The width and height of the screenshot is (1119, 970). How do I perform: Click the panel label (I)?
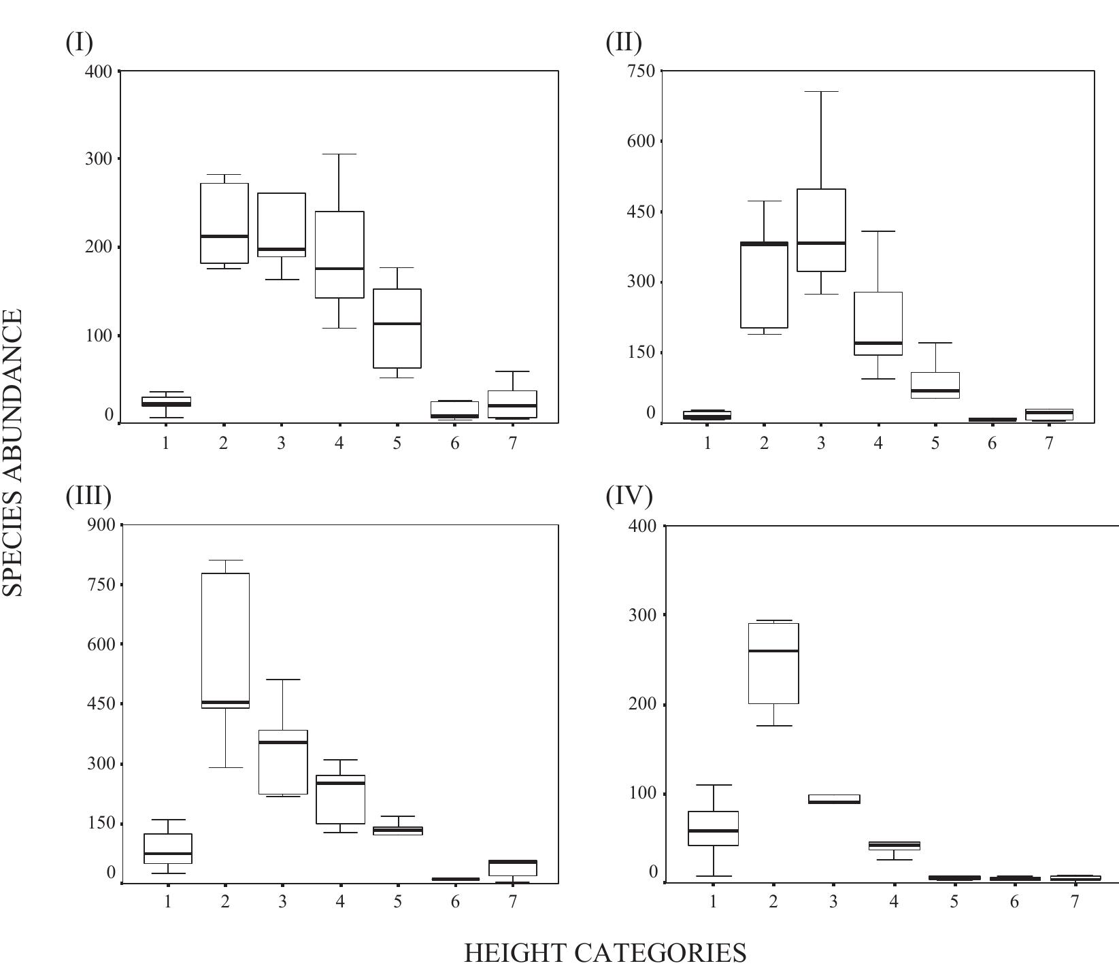coord(79,42)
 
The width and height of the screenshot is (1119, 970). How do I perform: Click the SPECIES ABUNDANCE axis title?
coord(13,452)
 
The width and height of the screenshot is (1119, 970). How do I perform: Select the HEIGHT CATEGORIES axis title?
coord(604,952)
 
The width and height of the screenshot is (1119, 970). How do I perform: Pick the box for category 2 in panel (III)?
coord(226,639)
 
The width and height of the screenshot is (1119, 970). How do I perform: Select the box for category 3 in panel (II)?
coord(821,230)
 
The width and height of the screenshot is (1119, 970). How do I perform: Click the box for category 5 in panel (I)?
coord(397,329)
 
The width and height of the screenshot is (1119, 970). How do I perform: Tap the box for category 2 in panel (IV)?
coord(773,663)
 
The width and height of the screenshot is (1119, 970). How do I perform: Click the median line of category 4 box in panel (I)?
coord(339,269)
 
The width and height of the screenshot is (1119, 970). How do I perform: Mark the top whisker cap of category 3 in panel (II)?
coord(821,91)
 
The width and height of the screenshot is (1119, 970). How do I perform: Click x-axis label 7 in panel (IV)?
coord(1075,902)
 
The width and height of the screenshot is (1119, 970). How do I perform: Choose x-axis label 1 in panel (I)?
coord(166,444)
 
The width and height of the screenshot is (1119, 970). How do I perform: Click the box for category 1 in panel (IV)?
coord(713,828)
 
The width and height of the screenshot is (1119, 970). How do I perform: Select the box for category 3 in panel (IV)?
coord(834,799)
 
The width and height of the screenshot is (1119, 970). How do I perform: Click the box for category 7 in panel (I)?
coord(512,404)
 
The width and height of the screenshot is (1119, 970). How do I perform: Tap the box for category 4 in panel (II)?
coord(878,323)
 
